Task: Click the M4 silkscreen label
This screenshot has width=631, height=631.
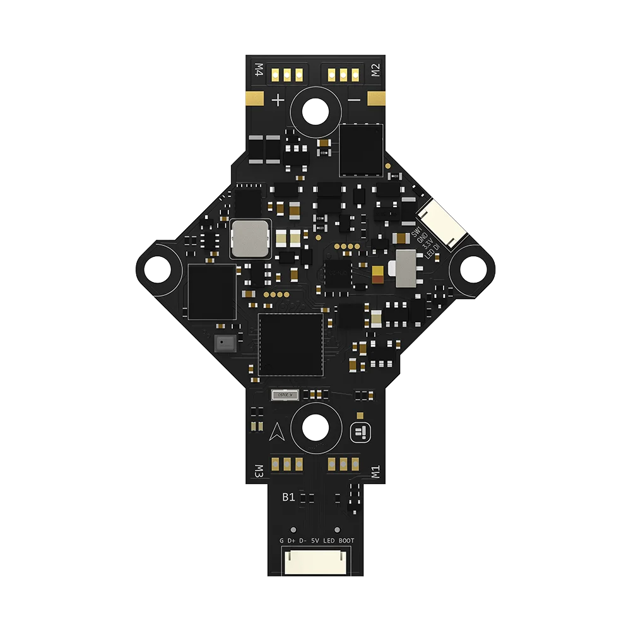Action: click(257, 69)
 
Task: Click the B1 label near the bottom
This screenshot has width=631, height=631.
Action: click(288, 497)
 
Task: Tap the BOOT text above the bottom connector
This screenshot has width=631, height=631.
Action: click(346, 541)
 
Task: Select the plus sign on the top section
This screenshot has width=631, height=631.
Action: click(278, 100)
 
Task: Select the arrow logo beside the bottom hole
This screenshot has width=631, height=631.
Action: click(277, 430)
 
